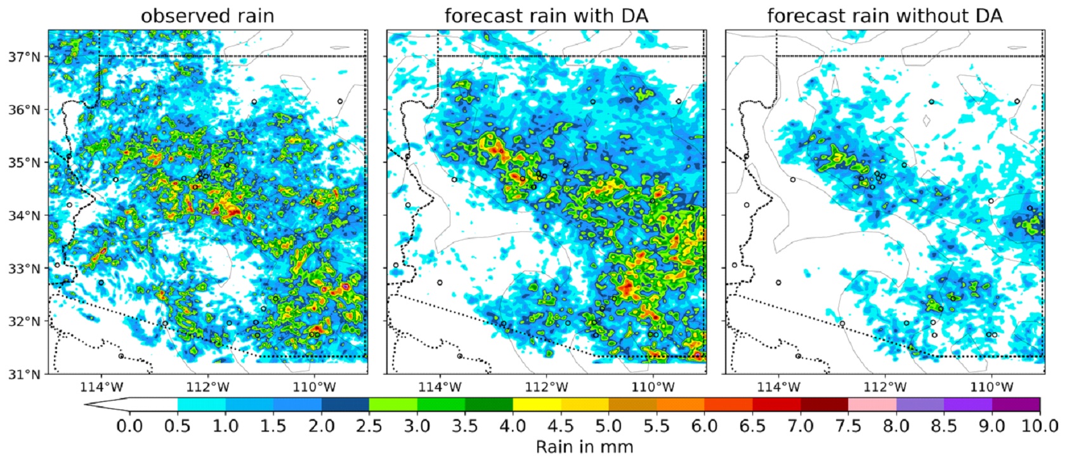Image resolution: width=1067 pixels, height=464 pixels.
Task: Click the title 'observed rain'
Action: [207, 16]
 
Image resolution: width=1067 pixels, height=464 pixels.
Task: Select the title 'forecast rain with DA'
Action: [546, 16]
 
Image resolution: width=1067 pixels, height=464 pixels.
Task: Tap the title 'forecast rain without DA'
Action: [884, 16]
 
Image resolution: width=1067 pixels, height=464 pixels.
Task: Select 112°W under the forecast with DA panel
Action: [546, 386]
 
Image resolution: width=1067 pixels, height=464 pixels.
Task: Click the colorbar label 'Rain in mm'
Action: [584, 447]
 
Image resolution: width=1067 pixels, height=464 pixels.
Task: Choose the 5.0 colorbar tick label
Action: [608, 425]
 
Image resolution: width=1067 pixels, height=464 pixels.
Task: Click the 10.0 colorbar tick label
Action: [1039, 425]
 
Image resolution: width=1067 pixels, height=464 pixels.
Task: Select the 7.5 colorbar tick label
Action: [848, 425]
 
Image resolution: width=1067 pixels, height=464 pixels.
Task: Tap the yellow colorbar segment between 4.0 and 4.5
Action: [537, 404]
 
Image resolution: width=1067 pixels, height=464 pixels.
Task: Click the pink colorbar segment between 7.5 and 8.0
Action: [872, 404]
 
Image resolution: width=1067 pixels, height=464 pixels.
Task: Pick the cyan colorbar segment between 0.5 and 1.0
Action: [202, 404]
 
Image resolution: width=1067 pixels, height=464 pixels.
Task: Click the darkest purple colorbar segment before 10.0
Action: [1016, 404]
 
